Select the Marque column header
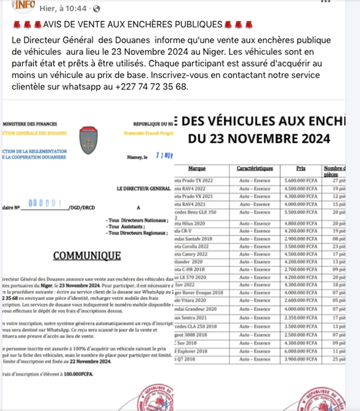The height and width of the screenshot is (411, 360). [x=197, y=169]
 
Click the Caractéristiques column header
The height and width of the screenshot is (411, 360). [x=250, y=169]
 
